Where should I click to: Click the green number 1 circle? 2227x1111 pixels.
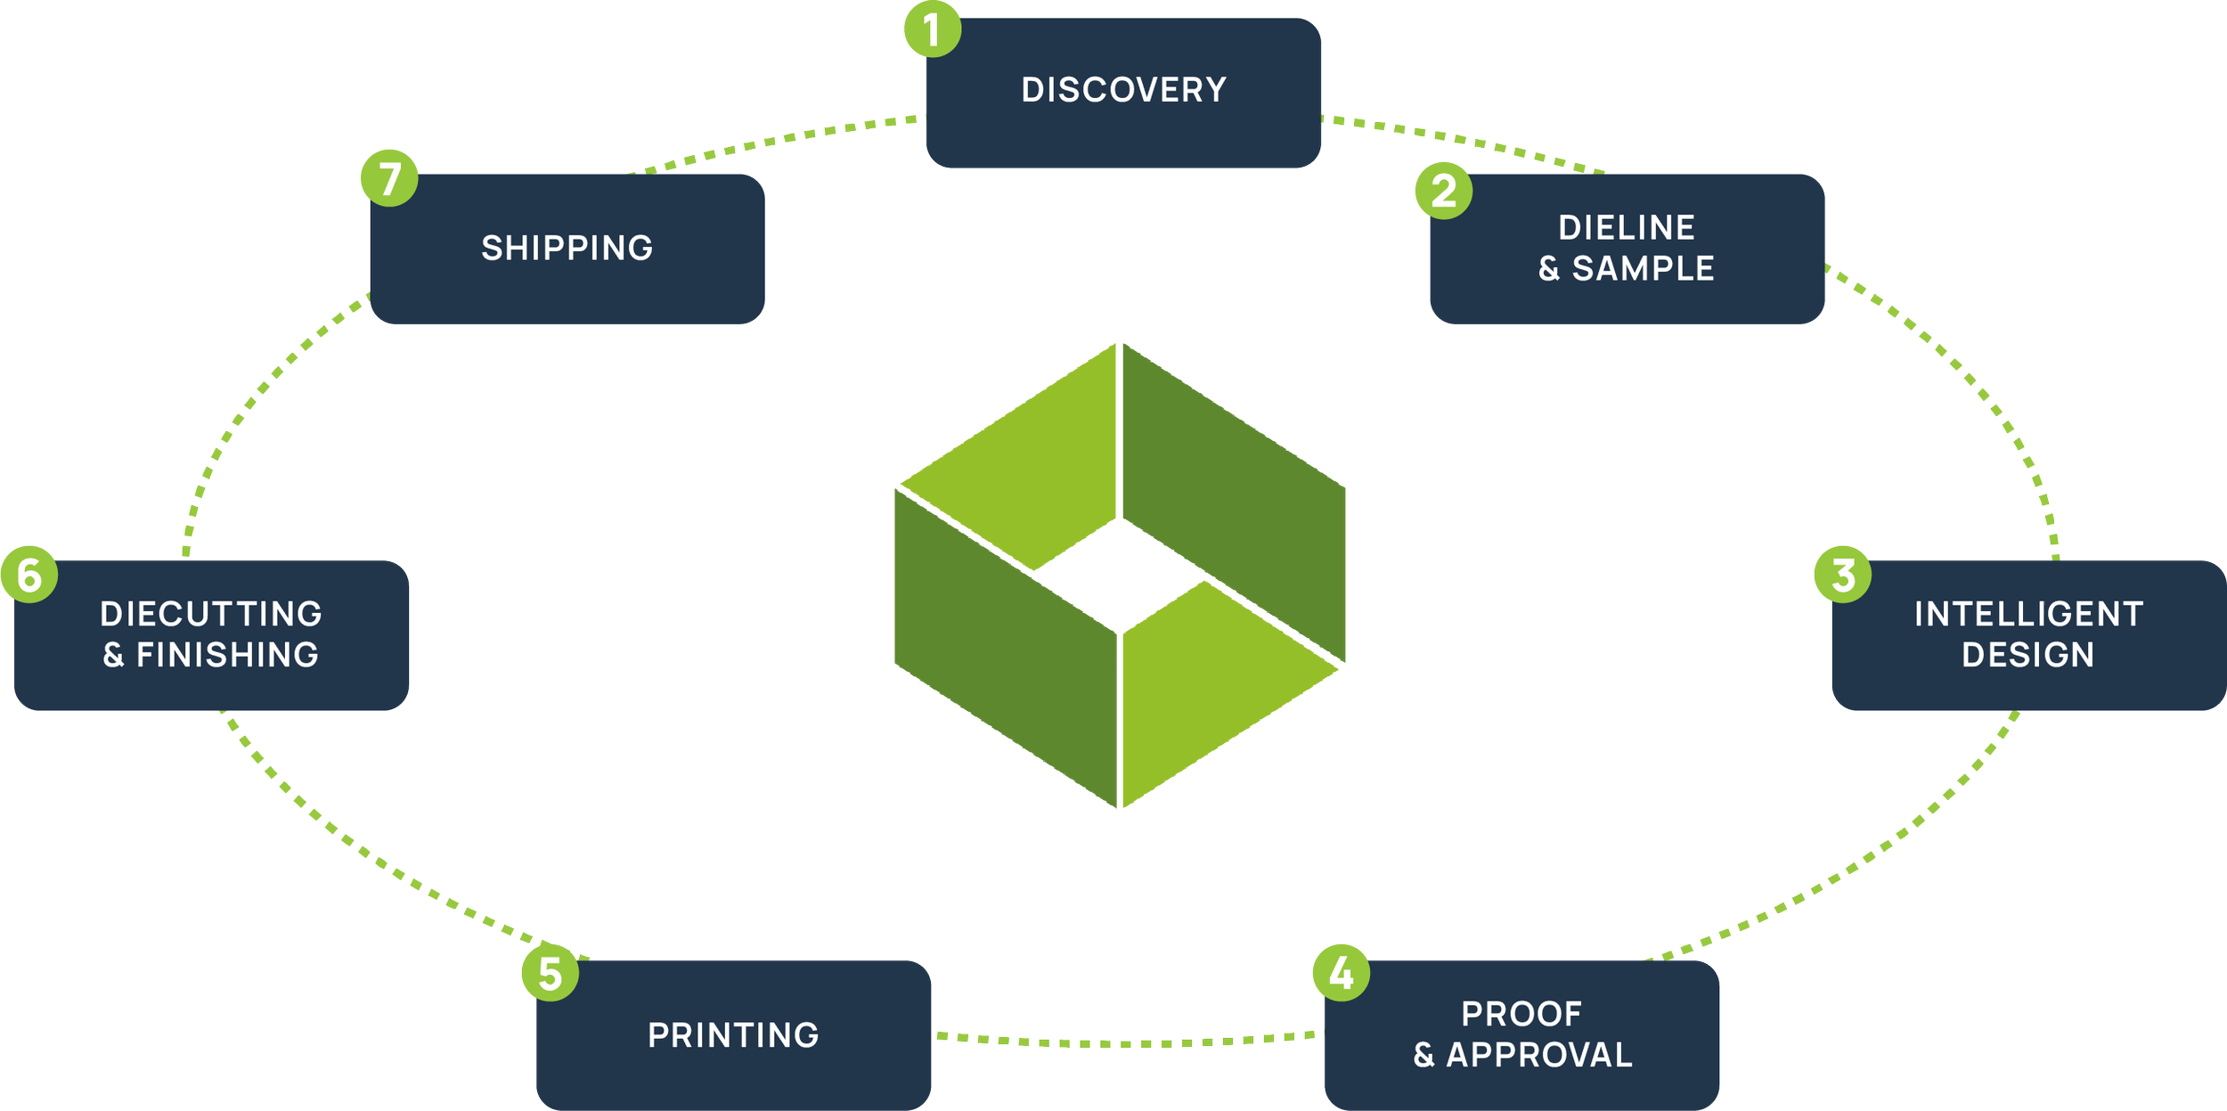tap(932, 29)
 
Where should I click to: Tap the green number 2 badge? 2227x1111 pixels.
tap(1444, 191)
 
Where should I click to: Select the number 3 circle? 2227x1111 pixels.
tap(1843, 575)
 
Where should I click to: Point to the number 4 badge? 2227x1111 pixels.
tap(1342, 973)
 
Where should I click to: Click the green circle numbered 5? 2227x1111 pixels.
tap(551, 973)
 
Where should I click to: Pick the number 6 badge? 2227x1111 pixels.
tap(29, 575)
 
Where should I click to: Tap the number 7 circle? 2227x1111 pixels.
tap(390, 177)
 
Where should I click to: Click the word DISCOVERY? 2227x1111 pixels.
tap(1124, 90)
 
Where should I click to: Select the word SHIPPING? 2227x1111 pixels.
tap(567, 249)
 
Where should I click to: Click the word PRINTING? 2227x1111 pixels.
tap(733, 1035)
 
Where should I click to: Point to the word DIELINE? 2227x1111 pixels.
tap(1627, 228)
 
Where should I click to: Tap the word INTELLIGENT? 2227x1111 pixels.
tap(2028, 614)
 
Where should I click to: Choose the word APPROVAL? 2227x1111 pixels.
tap(1539, 1055)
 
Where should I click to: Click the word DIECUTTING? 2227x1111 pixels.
tap(211, 614)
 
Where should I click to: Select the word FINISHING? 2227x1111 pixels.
tap(227, 655)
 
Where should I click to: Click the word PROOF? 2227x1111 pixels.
tap(1521, 1014)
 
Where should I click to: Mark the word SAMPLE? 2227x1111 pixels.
tap(1643, 269)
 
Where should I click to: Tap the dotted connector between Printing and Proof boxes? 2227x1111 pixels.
tap(1127, 1041)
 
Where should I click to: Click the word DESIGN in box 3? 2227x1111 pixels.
tap(2028, 655)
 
